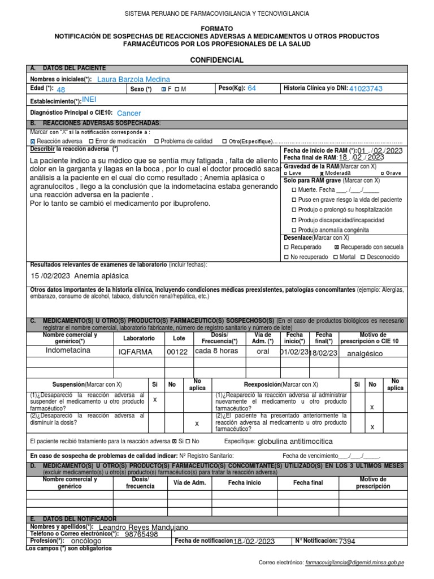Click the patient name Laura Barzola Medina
tap(133, 80)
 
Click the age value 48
tap(61, 90)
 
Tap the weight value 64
tap(251, 88)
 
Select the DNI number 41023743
tap(366, 89)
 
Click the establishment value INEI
tap(90, 99)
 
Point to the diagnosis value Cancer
tap(129, 114)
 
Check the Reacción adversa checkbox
tap(32, 141)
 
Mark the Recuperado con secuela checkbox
tap(337, 247)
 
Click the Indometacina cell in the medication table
tap(68, 351)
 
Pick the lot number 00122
tap(177, 352)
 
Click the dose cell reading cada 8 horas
tap(216, 351)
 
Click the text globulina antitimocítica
tap(294, 441)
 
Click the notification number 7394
tap(347, 541)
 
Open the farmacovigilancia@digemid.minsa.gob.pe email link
tap(355, 563)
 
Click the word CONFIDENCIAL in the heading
tap(216, 60)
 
